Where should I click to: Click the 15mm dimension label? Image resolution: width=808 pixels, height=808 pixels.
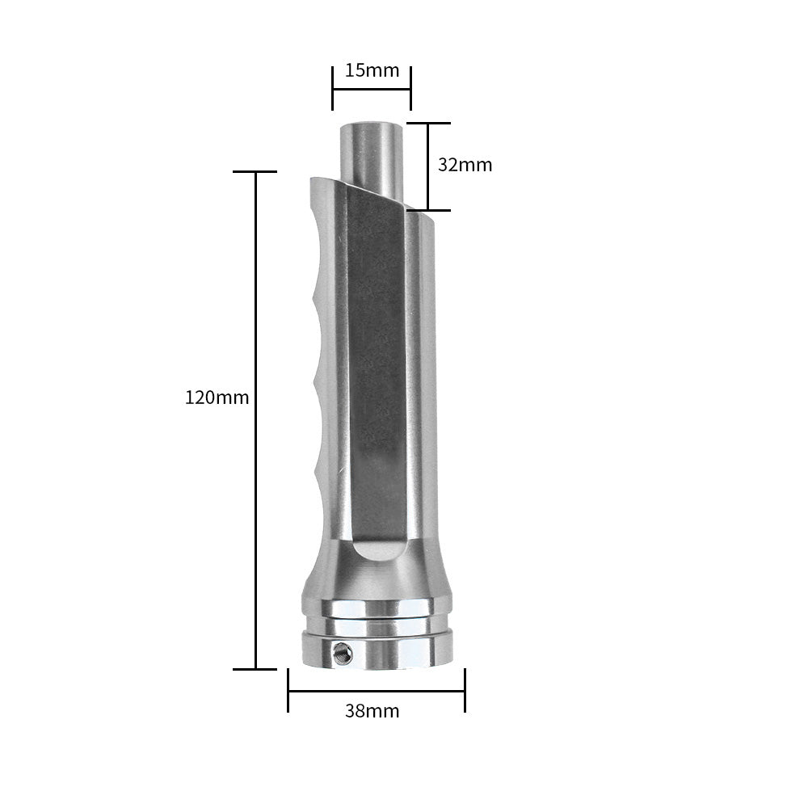coord(372,70)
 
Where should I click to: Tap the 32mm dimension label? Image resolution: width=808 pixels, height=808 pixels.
coord(465,165)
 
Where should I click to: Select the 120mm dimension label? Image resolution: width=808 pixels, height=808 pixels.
coord(217,398)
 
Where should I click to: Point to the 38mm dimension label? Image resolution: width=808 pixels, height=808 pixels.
coord(372,711)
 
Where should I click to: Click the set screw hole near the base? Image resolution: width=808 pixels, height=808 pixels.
coord(343,653)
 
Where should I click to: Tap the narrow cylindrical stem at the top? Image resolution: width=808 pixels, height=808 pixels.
coord(371,154)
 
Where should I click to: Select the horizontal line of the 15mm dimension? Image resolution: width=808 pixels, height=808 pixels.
coord(372,89)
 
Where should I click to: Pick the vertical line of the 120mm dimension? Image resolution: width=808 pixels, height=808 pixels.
coord(255,420)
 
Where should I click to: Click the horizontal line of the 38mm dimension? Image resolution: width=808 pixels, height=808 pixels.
coord(377,691)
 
